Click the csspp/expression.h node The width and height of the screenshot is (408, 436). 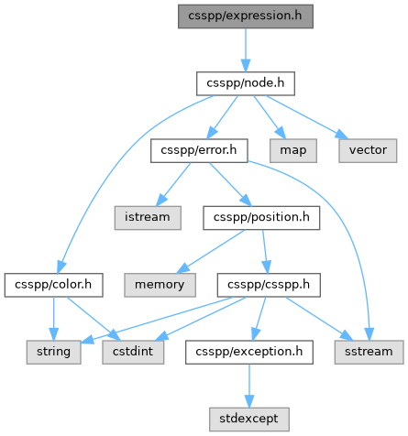point(246,16)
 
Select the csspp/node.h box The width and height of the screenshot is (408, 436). point(246,83)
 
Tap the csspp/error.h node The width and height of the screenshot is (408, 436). point(199,150)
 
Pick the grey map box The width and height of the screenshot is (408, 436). point(293,150)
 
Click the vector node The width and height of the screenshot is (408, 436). point(368,150)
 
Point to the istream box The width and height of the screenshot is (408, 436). point(148,218)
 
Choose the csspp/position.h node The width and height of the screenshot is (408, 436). point(261,218)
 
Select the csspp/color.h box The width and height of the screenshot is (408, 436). point(53,285)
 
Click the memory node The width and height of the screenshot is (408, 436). point(160,285)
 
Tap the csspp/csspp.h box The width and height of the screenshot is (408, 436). point(269,285)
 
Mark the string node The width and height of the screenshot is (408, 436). point(53,352)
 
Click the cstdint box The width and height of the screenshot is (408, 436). point(133,352)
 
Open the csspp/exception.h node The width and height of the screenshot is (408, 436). point(249,352)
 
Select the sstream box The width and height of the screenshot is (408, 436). point(369,352)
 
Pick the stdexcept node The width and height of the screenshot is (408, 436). point(249,420)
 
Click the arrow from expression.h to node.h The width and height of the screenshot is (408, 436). point(246,50)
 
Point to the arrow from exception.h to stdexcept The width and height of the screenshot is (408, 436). point(249,386)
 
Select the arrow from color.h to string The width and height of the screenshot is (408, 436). point(53,319)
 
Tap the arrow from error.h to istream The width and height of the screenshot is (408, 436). point(173,184)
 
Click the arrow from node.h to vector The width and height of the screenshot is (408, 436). point(307,117)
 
